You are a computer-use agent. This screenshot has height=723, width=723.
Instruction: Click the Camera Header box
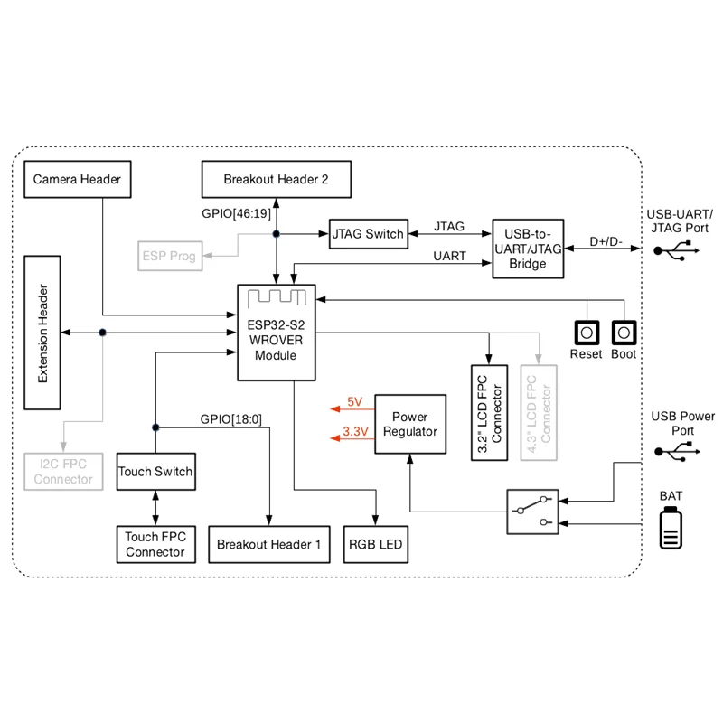(x=77, y=180)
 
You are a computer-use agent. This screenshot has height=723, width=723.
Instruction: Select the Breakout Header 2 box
(x=276, y=180)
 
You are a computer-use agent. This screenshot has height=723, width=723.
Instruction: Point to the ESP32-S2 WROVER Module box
(x=276, y=333)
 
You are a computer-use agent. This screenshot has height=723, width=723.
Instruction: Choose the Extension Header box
(x=43, y=333)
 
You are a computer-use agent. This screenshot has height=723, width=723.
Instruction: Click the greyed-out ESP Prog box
(x=169, y=257)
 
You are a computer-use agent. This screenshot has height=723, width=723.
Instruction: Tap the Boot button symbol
(x=624, y=332)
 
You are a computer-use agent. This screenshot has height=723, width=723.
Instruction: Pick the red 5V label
(x=354, y=401)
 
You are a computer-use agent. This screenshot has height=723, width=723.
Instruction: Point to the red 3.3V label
(x=355, y=432)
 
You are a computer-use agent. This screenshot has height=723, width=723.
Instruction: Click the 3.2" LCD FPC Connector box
(x=489, y=413)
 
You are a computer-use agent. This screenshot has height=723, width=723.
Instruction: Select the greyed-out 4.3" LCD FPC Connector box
(x=539, y=413)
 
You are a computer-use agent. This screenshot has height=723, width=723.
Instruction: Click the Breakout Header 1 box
(x=268, y=545)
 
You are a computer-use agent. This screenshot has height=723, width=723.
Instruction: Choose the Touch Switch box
(x=155, y=472)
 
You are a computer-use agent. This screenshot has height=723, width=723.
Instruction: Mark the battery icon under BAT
(x=671, y=529)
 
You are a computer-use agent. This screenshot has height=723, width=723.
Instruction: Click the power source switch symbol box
(x=531, y=514)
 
